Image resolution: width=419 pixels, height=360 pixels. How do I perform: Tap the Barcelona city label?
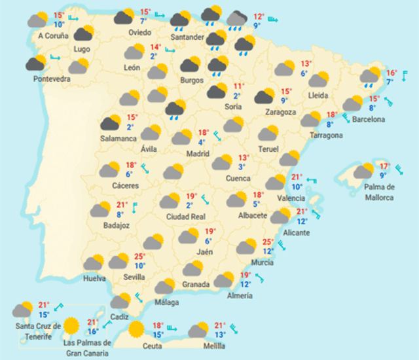pyautogui.click(x=368, y=119)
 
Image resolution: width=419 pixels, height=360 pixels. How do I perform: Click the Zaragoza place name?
pyautogui.click(x=281, y=112)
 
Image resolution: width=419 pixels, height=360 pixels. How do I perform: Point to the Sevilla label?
pyautogui.click(x=135, y=277)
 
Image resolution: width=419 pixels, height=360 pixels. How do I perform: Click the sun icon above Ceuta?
pyautogui.click(x=137, y=328)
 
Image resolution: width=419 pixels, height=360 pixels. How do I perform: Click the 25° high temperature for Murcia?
pyautogui.click(x=268, y=242)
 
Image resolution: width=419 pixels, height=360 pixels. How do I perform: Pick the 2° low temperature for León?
pyautogui.click(x=153, y=56)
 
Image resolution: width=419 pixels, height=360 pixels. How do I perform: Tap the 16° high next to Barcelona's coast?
pyautogui.click(x=392, y=73)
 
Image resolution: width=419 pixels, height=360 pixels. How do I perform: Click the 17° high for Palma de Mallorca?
pyautogui.click(x=384, y=166)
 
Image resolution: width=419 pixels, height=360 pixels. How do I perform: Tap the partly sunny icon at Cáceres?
pyautogui.click(x=109, y=170)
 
